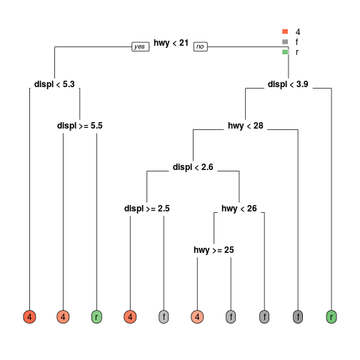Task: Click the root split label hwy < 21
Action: [x=171, y=43]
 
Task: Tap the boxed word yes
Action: [x=141, y=46]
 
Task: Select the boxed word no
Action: [x=201, y=46]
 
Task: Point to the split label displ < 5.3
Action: [x=54, y=84]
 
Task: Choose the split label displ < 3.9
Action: [x=288, y=84]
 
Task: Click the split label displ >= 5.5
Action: [x=80, y=126]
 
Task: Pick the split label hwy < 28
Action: [x=246, y=126]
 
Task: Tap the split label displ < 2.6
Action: [x=193, y=167]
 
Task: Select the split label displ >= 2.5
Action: [x=147, y=209]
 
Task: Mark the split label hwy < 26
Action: [x=239, y=209]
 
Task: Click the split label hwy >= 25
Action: [x=214, y=250]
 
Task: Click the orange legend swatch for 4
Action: [x=285, y=31]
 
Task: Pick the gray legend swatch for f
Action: [x=285, y=41]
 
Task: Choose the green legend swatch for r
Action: [x=285, y=52]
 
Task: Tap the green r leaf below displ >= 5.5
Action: [x=96, y=317]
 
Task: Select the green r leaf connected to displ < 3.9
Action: [x=331, y=317]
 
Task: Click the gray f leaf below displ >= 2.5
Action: [x=164, y=317]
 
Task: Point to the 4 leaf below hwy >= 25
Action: [x=197, y=317]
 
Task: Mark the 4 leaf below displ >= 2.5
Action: [x=130, y=317]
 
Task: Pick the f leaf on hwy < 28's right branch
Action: [x=298, y=317]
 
